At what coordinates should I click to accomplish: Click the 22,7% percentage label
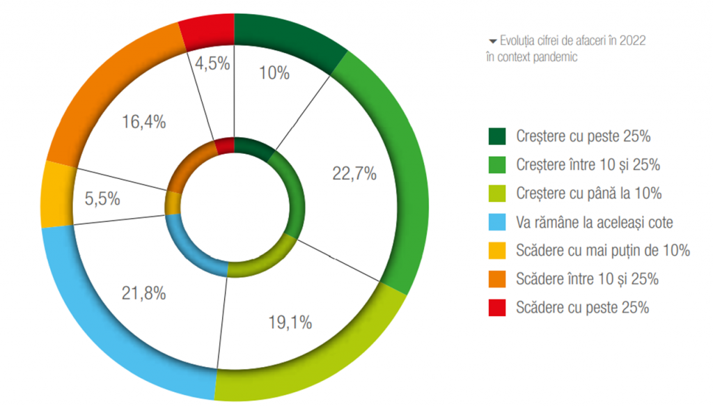(x=353, y=174)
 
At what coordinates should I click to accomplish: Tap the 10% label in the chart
(x=274, y=72)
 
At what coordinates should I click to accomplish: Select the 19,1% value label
(x=290, y=322)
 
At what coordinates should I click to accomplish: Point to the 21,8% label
(x=143, y=293)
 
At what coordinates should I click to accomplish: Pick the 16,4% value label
(x=143, y=122)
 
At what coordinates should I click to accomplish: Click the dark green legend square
(x=497, y=135)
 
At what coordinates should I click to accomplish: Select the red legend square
(x=497, y=306)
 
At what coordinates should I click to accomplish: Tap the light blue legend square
(x=497, y=221)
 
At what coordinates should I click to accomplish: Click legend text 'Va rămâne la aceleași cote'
(x=595, y=221)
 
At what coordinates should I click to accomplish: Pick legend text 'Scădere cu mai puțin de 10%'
(x=603, y=250)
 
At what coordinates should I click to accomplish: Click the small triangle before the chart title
(x=493, y=41)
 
